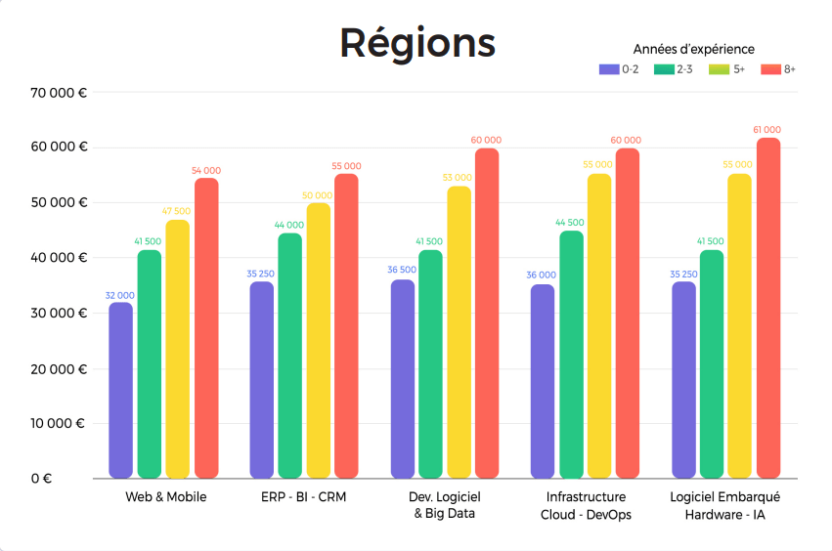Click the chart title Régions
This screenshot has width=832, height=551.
(417, 43)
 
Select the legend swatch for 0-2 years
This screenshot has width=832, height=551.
(608, 69)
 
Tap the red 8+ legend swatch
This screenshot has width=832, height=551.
(770, 69)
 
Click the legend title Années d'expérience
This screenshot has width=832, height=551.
(693, 49)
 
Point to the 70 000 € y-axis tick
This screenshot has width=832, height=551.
(59, 93)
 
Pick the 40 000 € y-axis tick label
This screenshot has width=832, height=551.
(59, 258)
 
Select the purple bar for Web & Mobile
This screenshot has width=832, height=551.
(120, 391)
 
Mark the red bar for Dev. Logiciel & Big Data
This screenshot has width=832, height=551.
(486, 313)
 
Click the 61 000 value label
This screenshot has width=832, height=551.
(767, 130)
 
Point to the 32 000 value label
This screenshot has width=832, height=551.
(119, 295)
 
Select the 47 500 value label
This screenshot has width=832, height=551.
(177, 211)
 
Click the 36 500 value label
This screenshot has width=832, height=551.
(402, 271)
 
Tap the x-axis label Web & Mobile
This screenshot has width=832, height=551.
(166, 497)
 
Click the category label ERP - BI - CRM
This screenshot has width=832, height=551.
(304, 497)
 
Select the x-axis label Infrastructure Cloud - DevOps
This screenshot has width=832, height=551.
(586, 505)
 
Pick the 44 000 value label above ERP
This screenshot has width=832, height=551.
(289, 225)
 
